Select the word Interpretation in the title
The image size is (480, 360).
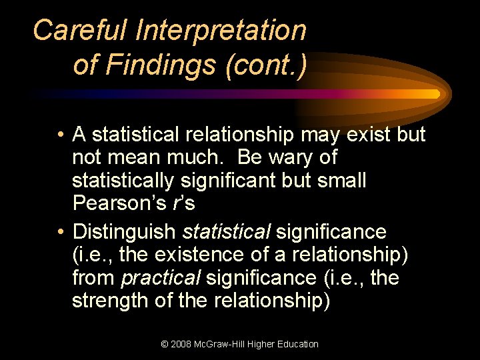coord(221,31)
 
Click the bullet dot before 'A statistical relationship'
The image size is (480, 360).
coord(60,135)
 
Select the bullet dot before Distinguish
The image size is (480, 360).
coord(60,233)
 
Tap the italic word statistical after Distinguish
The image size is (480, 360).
coord(226,232)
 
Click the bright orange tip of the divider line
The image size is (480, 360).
coord(435,94)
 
